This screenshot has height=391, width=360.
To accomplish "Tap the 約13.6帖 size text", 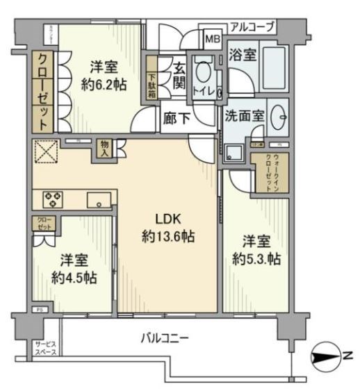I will [167, 236].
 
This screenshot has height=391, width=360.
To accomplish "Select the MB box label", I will [213, 39].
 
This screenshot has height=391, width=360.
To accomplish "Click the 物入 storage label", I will [104, 147].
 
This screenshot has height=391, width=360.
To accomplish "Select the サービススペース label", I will [47, 347].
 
